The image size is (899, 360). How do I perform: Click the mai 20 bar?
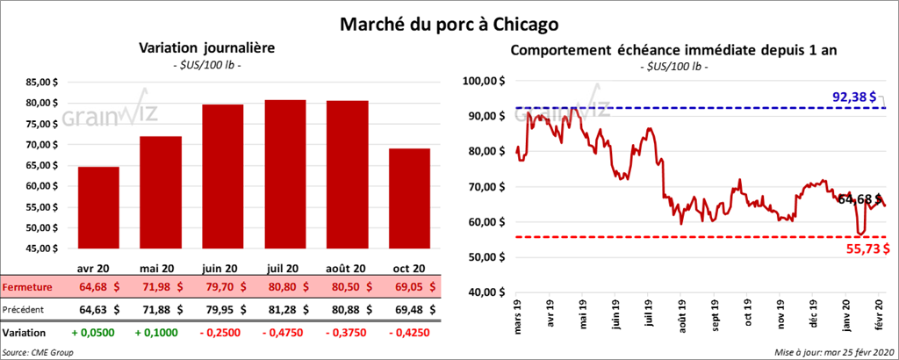(160, 192)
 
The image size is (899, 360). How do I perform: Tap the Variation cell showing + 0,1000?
(160, 334)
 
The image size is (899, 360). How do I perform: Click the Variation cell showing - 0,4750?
(284, 334)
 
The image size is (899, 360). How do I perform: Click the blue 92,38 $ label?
(854, 97)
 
